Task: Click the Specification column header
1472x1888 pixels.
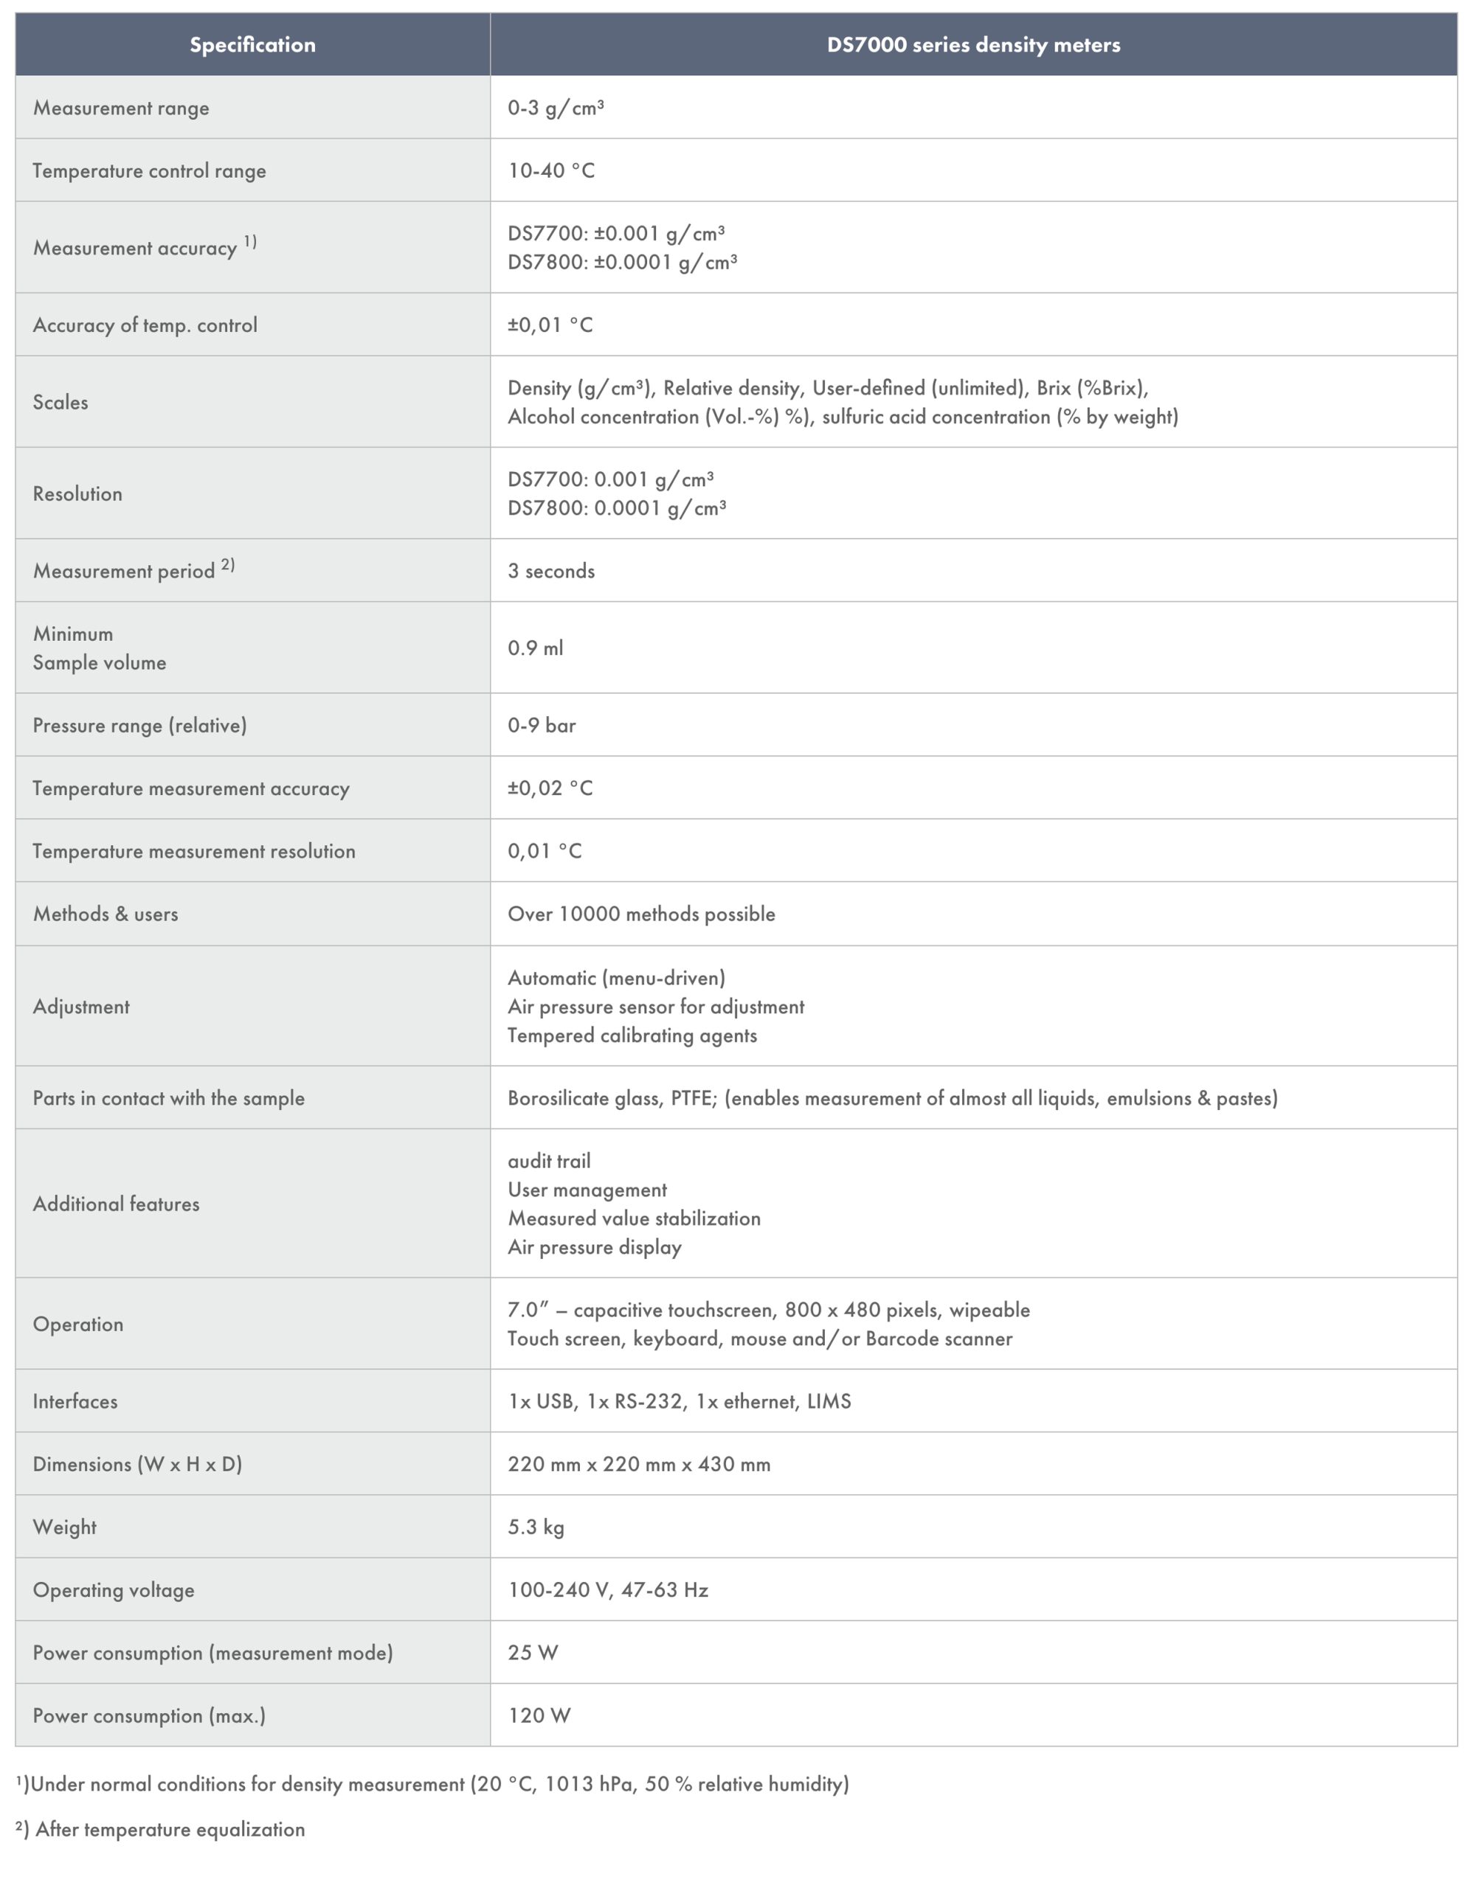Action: (x=252, y=45)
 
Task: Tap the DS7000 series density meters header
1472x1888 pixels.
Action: (x=973, y=45)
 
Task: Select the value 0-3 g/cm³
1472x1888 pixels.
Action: (x=556, y=108)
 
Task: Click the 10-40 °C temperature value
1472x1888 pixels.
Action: (x=551, y=170)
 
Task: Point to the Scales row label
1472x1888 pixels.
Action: (x=61, y=402)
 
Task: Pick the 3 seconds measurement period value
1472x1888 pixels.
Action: (x=551, y=571)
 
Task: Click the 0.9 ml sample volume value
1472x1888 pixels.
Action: (x=536, y=648)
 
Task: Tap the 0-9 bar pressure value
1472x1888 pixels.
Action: (x=542, y=725)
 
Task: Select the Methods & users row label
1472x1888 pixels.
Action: (x=106, y=914)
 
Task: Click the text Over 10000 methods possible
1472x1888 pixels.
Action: (x=641, y=914)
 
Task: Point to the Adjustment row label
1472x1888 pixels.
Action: (x=81, y=1006)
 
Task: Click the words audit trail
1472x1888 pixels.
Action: (x=549, y=1161)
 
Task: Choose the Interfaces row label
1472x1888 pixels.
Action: (x=75, y=1401)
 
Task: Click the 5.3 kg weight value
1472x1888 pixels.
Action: (x=536, y=1527)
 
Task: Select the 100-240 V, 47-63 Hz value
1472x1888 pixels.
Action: (x=608, y=1590)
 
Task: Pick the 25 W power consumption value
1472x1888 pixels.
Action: (x=533, y=1653)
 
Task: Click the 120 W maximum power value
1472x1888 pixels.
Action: (x=539, y=1715)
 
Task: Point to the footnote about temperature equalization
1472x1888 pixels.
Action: (x=161, y=1829)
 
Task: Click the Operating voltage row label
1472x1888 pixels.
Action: (x=114, y=1590)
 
